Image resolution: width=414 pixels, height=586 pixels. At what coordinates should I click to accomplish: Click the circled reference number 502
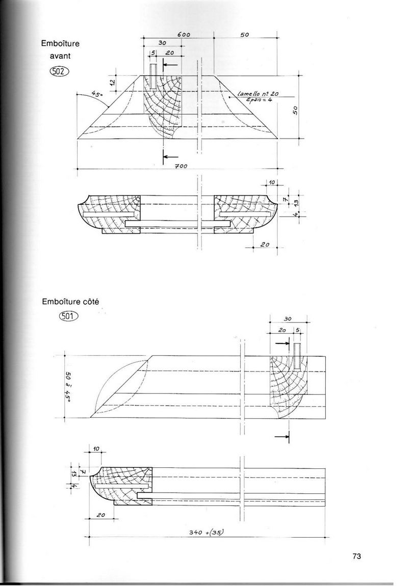59,71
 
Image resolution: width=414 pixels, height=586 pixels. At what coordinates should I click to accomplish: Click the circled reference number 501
68,316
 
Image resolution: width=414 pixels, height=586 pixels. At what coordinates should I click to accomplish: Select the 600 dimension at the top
185,34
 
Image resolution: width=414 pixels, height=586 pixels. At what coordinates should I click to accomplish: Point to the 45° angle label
96,95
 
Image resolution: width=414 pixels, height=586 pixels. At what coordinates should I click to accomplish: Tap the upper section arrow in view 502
170,65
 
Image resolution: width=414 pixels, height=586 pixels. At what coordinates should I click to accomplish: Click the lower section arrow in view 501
281,436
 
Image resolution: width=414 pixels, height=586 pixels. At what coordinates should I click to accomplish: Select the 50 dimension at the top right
244,34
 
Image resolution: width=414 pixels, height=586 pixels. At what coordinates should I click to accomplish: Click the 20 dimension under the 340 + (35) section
100,515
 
